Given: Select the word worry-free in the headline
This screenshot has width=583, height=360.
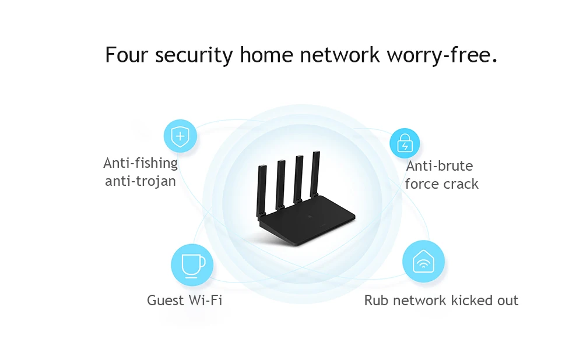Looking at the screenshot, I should coord(441,55).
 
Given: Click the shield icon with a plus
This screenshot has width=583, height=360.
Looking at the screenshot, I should coord(180,136).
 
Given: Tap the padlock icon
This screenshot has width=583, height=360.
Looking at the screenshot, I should coord(404,144).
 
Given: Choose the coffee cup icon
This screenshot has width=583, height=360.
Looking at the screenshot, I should coord(192,265).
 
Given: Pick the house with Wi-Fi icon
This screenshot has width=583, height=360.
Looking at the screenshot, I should coord(423,261).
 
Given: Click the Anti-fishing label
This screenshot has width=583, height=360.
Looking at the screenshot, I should coord(141,163).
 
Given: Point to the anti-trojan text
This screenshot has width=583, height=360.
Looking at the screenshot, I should coord(141,181).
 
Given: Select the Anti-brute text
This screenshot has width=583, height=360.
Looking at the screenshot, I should coord(440,166).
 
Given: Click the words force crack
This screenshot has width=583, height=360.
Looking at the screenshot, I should coord(441,184).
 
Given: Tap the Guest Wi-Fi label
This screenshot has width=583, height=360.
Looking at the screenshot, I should coord(184,301).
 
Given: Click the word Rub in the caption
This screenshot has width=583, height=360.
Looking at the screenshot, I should coord(377,301).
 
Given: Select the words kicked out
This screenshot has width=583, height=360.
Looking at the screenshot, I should coord(487,301).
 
